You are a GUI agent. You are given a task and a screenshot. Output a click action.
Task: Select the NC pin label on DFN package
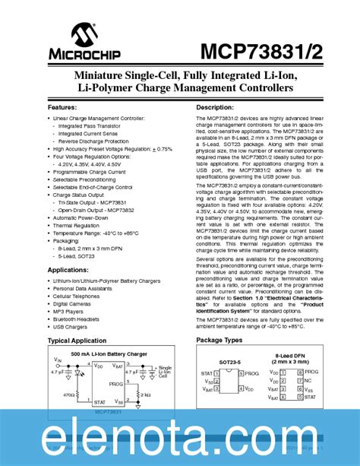pos(311,380)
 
